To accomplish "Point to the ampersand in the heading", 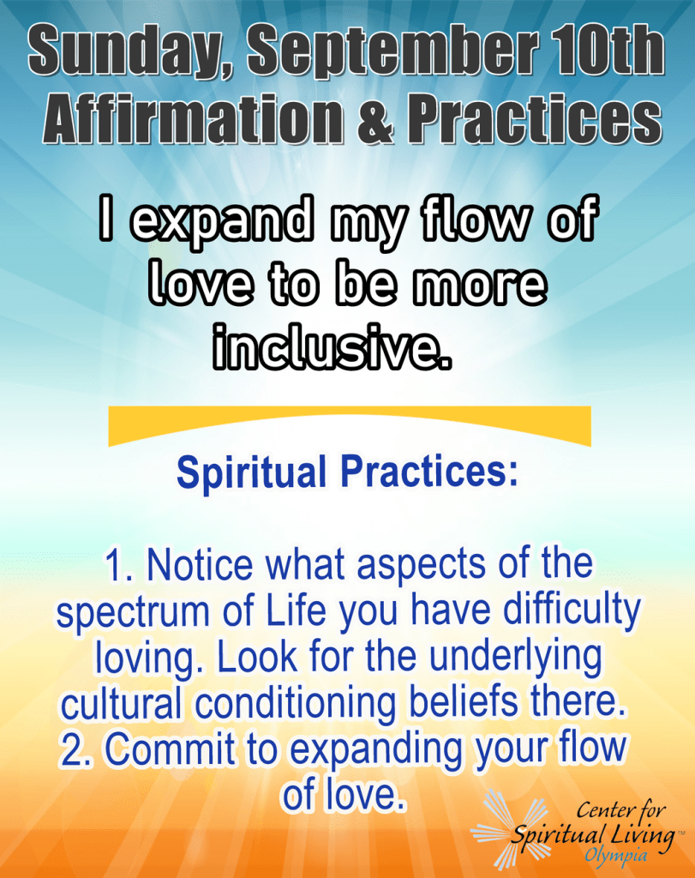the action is tap(374, 117).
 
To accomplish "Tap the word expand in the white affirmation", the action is tap(221, 220).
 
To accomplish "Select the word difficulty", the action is tap(572, 610).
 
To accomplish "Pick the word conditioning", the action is tap(295, 703).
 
